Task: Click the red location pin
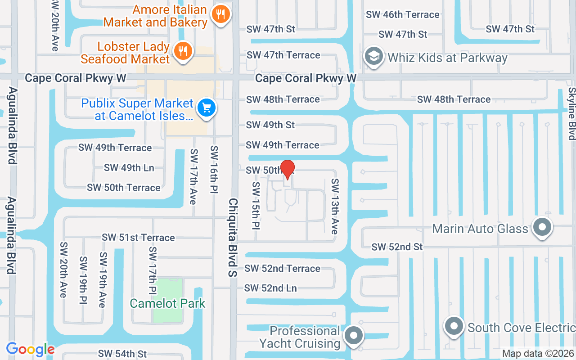[287, 169]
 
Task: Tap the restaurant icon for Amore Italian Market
[220, 15]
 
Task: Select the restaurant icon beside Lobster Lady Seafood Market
[182, 52]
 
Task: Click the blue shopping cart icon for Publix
[207, 108]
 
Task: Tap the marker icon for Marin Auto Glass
[542, 227]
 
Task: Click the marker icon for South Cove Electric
[454, 326]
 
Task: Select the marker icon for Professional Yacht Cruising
[354, 336]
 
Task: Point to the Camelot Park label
[167, 303]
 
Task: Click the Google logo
[30, 349]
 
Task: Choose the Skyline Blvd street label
[571, 113]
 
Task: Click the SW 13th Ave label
[335, 206]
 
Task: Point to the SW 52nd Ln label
[270, 288]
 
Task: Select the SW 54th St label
[122, 354]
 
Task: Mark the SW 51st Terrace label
[138, 238]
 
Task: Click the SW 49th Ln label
[129, 168]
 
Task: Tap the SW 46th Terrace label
[402, 14]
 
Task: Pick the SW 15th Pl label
[256, 205]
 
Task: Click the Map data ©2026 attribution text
[538, 354]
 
